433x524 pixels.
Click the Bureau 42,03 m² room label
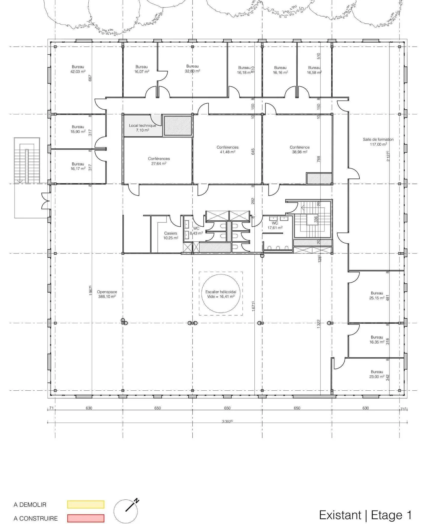78,69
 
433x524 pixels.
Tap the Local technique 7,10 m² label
142,128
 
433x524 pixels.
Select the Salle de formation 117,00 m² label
378,142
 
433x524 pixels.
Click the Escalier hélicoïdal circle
221,294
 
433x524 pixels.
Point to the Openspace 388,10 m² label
107,294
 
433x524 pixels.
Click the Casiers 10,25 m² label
170,235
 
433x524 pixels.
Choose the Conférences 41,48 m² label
227,150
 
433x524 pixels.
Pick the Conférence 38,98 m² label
299,150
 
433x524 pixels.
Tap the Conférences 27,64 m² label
159,161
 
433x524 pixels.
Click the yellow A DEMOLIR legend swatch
86,504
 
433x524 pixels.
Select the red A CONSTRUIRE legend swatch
86,518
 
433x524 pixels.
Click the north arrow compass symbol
126,511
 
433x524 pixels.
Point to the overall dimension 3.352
227,421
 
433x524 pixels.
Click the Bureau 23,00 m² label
377,374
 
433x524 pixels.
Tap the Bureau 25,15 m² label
377,295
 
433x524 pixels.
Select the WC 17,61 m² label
275,226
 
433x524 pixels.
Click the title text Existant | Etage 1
365,515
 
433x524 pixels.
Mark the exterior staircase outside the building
27,161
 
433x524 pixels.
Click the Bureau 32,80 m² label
192,68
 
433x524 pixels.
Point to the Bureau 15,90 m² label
78,129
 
